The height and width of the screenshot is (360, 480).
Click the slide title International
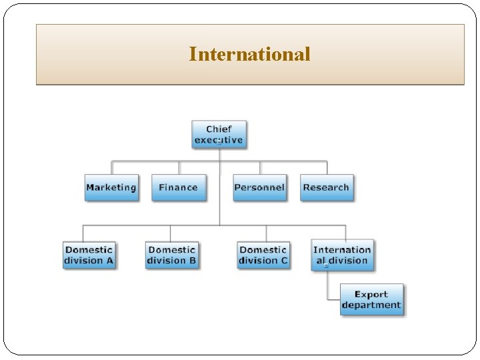[x=249, y=54]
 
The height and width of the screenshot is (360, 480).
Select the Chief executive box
[x=219, y=135]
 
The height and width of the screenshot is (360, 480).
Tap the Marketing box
[x=111, y=187]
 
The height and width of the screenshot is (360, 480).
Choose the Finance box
[x=178, y=187]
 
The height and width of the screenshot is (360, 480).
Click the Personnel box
[x=259, y=187]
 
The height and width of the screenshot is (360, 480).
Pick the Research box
[x=326, y=187]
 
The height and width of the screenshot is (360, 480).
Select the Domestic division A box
[x=89, y=255]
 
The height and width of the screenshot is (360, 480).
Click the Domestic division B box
[x=172, y=255]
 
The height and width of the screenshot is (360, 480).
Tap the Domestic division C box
[x=263, y=255]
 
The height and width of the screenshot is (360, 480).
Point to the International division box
[x=342, y=255]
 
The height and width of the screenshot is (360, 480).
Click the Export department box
[x=371, y=300]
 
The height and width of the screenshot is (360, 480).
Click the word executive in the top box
[x=219, y=141]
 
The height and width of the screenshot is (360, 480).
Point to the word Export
[x=371, y=294]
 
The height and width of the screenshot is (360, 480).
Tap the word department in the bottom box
[x=371, y=306]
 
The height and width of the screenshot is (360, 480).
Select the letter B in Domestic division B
[x=193, y=261]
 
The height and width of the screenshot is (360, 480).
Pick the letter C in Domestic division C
[x=284, y=261]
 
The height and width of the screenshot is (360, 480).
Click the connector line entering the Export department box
[x=333, y=299]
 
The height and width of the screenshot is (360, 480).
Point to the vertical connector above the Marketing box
[x=111, y=167]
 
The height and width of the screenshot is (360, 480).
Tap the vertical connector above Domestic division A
[x=83, y=233]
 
